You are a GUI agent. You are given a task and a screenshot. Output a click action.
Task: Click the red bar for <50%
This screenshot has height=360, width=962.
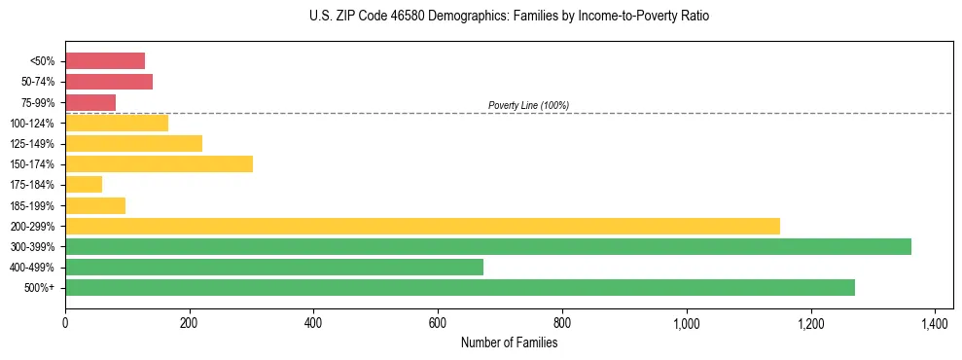(105, 61)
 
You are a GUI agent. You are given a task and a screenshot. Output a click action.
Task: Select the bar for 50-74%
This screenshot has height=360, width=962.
(109, 82)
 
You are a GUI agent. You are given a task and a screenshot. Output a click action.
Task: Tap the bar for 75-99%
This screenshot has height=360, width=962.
(90, 102)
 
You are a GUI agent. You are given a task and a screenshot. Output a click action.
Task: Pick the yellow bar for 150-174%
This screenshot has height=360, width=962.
(159, 163)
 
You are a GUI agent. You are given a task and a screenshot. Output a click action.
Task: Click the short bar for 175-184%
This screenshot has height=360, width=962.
(84, 184)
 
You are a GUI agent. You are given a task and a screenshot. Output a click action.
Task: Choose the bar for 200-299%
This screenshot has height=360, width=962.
(422, 226)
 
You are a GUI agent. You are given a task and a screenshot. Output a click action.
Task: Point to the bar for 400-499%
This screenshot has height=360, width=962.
(274, 267)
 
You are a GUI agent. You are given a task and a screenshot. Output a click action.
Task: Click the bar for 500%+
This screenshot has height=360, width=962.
(460, 287)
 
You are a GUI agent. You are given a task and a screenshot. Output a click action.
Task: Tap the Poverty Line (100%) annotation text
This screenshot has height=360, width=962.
(528, 105)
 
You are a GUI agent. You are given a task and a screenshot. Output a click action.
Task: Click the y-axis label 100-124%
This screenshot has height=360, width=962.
(32, 124)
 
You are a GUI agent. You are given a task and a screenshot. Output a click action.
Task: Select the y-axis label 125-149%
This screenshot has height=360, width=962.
(32, 144)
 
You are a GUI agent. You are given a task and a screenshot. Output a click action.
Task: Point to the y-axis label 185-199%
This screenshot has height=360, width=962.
(32, 205)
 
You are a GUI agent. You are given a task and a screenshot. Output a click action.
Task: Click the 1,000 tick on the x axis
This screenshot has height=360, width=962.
(687, 322)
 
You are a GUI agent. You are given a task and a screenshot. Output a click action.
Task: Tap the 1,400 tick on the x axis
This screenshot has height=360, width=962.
(935, 322)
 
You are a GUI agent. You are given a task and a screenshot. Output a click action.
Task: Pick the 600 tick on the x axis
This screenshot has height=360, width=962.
(438, 322)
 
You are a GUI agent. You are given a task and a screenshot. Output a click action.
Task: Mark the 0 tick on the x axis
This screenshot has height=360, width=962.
(65, 322)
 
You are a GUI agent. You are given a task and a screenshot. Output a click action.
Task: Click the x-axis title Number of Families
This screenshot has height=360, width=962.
(509, 342)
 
